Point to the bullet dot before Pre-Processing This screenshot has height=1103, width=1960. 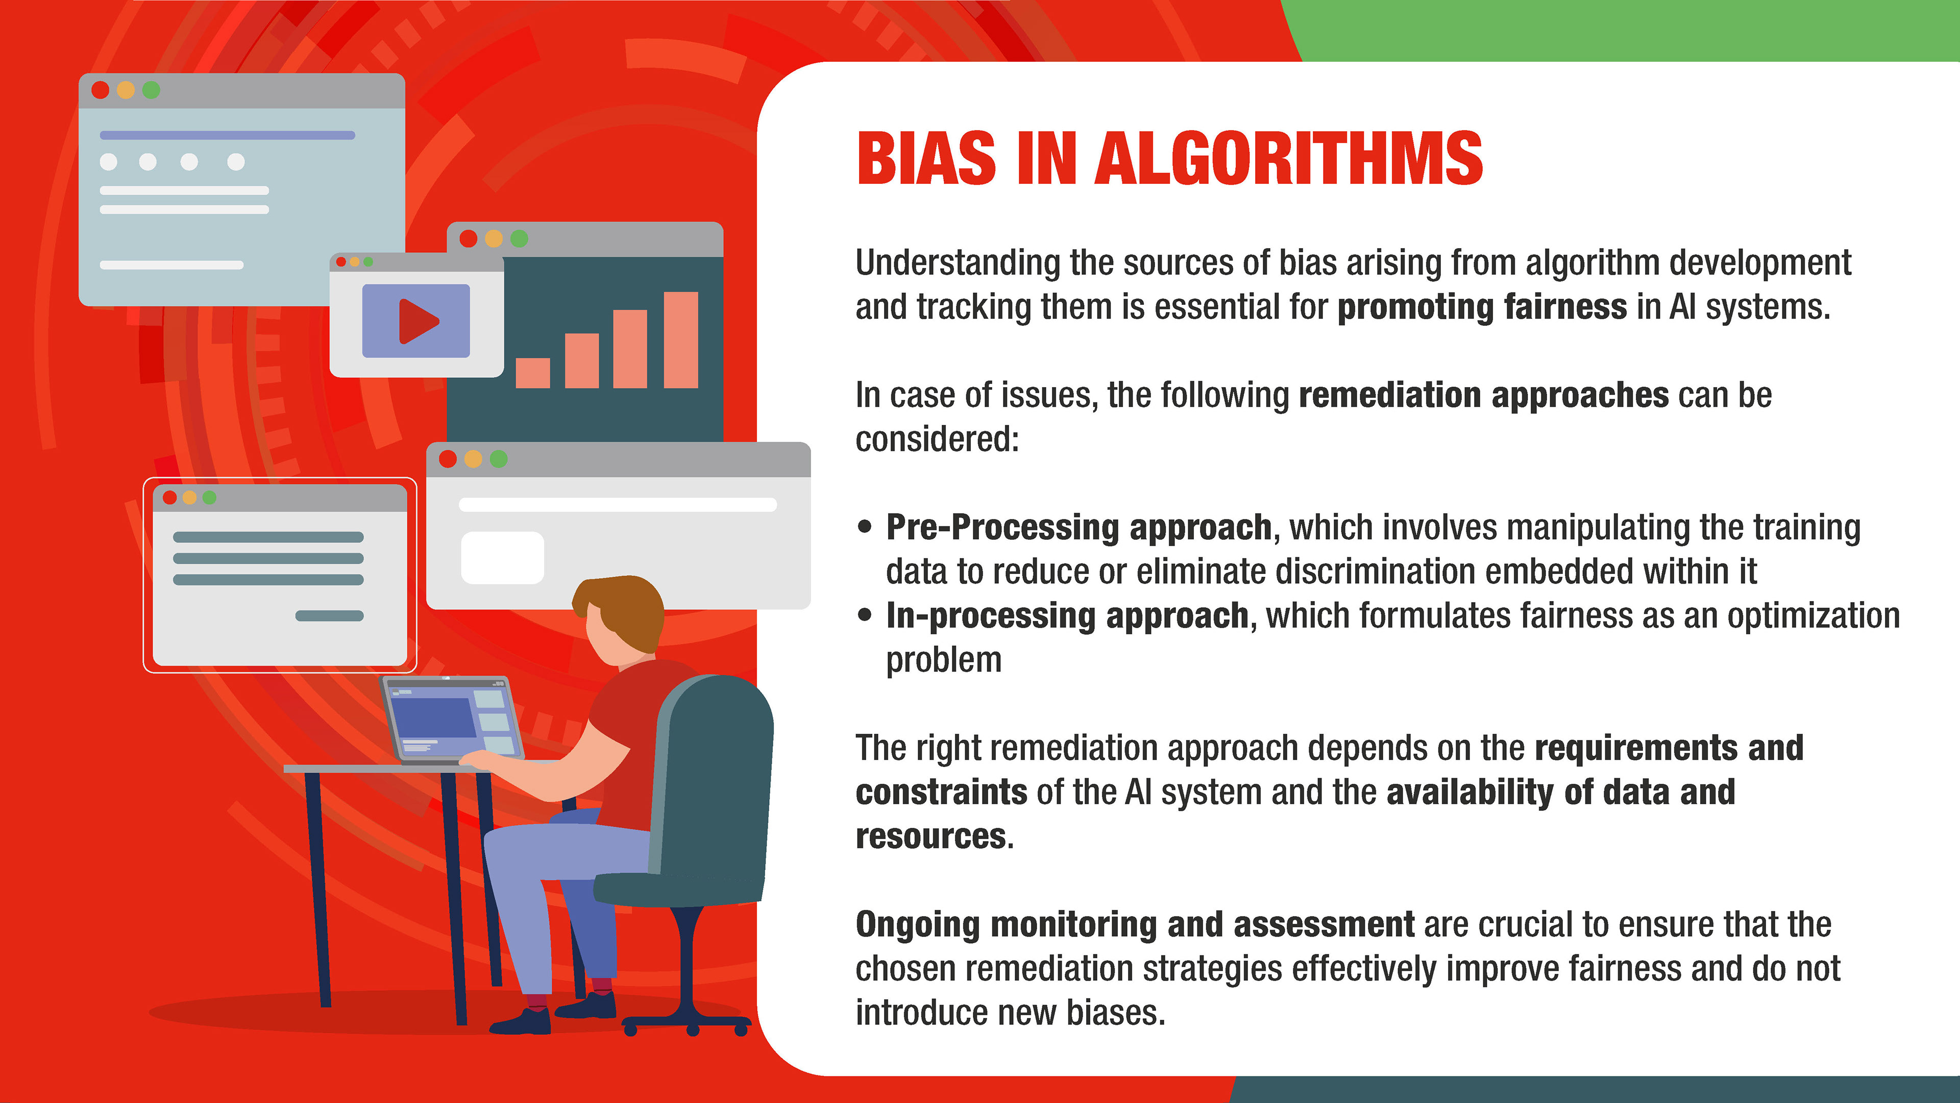pyautogui.click(x=864, y=527)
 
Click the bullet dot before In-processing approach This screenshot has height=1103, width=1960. pyautogui.click(x=864, y=615)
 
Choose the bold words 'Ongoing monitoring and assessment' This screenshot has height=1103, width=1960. pyautogui.click(x=1135, y=925)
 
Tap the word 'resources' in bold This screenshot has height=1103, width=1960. pyautogui.click(x=930, y=836)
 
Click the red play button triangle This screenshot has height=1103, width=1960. pyautogui.click(x=418, y=321)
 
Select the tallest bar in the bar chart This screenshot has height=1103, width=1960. pyautogui.click(x=681, y=340)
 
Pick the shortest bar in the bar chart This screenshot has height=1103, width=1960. pyautogui.click(x=532, y=373)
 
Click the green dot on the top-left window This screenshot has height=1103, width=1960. pyautogui.click(x=152, y=90)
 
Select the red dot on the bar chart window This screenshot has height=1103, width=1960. pyautogui.click(x=469, y=238)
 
